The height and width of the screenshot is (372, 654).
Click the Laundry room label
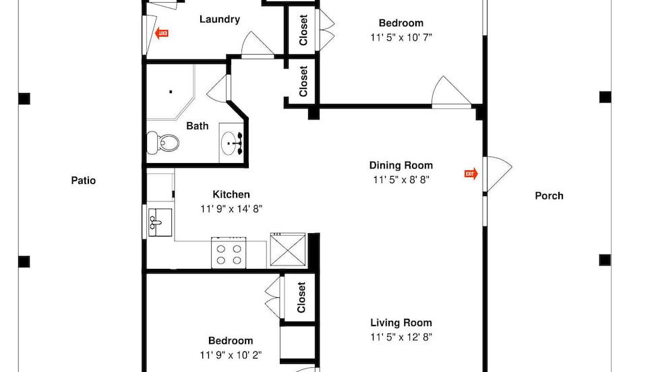219,19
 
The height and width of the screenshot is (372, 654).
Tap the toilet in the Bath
164,142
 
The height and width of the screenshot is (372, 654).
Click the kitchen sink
160,220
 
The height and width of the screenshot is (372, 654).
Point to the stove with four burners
228,253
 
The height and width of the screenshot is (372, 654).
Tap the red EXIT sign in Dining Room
471,174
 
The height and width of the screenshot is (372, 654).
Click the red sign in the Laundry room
162,32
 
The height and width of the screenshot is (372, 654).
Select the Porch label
549,196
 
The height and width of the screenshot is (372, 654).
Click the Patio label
84,180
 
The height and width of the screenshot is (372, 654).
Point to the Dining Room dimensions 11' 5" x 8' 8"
400,180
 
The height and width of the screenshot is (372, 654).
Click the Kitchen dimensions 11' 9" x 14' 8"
231,209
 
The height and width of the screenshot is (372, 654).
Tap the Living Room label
400,323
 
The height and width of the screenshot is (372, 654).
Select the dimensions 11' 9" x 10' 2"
231,355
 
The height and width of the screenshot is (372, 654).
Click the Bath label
198,126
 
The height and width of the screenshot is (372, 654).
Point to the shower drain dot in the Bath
171,92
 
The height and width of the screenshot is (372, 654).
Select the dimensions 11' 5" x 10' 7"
400,38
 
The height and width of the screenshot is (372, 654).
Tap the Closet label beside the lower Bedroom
301,297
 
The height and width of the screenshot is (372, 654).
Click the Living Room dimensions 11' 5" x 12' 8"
400,338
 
